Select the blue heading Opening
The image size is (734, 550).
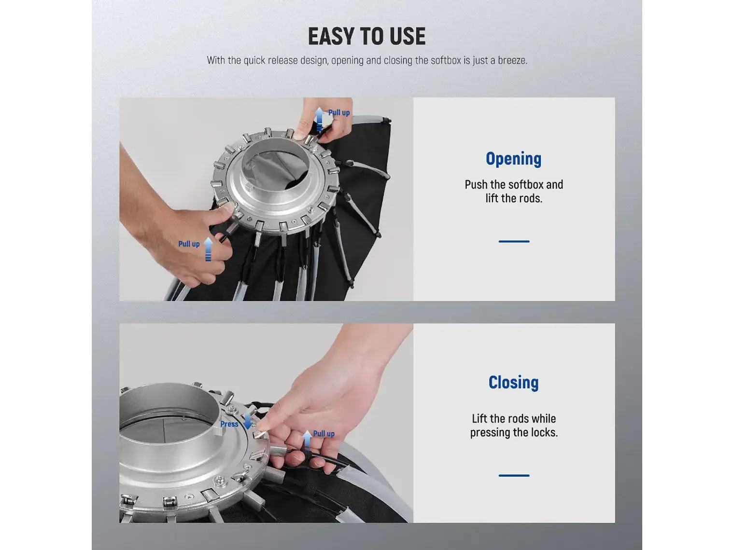point(513,159)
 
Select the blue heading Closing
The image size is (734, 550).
point(513,383)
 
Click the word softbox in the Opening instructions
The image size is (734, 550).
point(529,185)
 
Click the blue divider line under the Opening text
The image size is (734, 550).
point(514,241)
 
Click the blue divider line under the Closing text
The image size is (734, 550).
point(514,475)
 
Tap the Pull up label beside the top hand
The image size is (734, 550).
point(339,112)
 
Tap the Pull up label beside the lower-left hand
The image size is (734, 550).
point(189,244)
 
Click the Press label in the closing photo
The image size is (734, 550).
point(229,424)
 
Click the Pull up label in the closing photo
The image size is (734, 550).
point(324,433)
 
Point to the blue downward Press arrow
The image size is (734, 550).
point(248,422)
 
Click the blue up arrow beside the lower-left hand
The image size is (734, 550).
point(208,249)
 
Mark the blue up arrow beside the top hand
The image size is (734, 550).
point(320,119)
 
